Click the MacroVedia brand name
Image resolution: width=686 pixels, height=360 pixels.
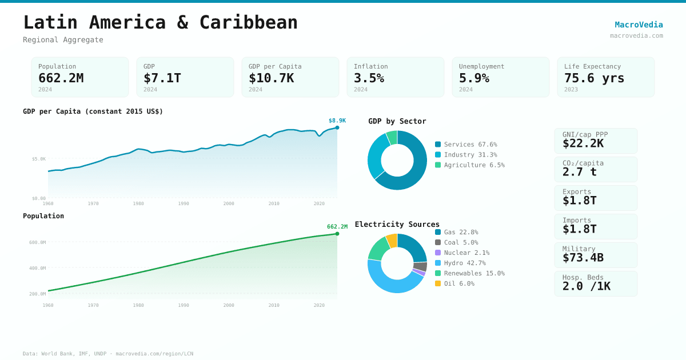[x=639, y=25]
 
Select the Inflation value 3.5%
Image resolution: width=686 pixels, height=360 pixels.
[x=369, y=78]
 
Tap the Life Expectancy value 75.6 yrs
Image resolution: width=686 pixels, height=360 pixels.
[x=594, y=78]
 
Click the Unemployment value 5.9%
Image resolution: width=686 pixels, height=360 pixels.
[x=474, y=78]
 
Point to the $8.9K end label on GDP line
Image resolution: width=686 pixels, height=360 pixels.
[x=337, y=121]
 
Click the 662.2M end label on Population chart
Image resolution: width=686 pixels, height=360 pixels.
[x=337, y=227]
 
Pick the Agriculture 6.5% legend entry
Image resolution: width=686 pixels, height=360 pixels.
[x=469, y=165]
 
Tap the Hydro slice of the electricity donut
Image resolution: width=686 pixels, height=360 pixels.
[x=389, y=283]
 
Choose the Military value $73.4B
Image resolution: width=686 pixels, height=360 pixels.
[x=583, y=258]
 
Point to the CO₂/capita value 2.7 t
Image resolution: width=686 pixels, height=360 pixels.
[x=579, y=172]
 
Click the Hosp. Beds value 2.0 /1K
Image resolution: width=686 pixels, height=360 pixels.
[x=586, y=286]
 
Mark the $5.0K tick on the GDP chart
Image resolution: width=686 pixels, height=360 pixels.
[x=38, y=159]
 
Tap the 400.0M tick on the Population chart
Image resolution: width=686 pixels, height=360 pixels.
[x=37, y=268]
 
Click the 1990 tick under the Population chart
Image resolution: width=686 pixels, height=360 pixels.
[x=183, y=305]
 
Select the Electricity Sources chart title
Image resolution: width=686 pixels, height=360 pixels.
[x=397, y=224]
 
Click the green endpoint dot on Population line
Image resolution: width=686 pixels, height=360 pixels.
[x=337, y=234]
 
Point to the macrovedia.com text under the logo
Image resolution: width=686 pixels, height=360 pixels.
[x=636, y=35]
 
